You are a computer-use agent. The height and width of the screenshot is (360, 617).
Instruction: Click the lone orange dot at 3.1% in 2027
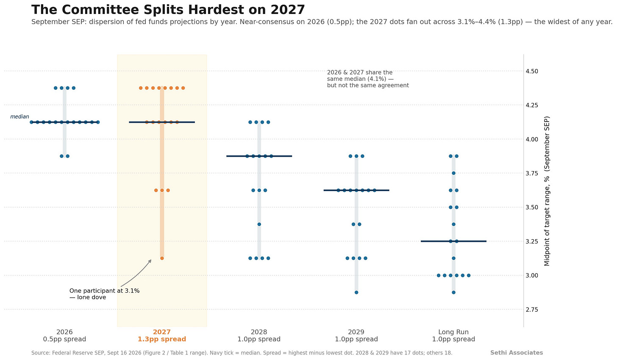[x=162, y=258]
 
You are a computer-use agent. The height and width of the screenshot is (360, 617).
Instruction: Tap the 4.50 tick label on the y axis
[x=532, y=71]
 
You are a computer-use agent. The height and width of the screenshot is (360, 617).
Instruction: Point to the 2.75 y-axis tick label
[x=532, y=310]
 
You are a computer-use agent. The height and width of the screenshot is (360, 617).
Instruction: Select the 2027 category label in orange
[x=162, y=332]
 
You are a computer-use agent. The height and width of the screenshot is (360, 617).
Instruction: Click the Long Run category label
[x=453, y=332]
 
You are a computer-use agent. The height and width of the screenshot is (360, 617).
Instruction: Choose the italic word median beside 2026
[x=19, y=117]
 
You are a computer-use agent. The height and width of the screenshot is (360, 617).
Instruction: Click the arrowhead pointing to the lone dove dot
[x=150, y=261]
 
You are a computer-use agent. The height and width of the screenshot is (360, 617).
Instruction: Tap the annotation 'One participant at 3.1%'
[x=104, y=291]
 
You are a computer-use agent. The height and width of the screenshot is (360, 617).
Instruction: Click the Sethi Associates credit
[x=517, y=352]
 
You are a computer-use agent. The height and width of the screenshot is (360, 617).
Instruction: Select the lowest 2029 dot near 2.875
[x=356, y=292]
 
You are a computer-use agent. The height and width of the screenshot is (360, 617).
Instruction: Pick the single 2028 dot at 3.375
[x=259, y=224]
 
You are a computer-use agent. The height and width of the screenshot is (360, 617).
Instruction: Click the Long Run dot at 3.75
[x=454, y=173]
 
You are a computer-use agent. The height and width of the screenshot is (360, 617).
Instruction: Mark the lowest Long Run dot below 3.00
[x=454, y=292]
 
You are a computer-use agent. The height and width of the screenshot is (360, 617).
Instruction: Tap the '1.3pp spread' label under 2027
[x=162, y=339]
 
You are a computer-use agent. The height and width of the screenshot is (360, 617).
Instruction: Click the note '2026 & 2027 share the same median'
[x=368, y=79]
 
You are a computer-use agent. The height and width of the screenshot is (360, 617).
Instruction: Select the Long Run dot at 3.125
[x=454, y=258]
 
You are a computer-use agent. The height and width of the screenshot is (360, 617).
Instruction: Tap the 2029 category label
[x=356, y=332]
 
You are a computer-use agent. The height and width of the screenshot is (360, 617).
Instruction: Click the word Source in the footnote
[x=41, y=353]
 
